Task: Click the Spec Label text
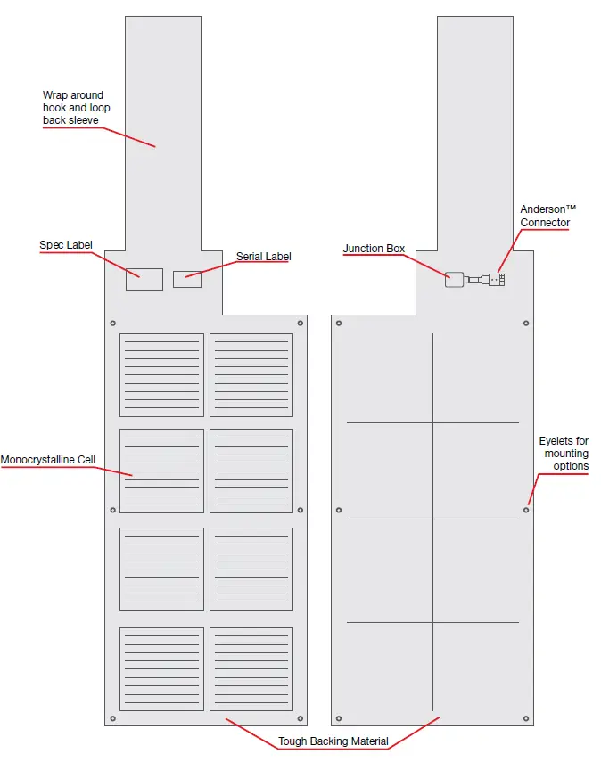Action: pos(66,245)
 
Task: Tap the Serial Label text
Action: pos(263,257)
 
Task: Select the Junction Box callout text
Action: pos(374,249)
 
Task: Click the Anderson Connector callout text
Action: pos(545,216)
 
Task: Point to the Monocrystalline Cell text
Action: pos(47,460)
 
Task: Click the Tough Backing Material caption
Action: pos(333,741)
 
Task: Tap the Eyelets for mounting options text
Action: pos(564,454)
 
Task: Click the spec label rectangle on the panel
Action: pos(144,278)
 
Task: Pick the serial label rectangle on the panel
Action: pos(187,279)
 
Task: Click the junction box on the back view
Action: pos(455,279)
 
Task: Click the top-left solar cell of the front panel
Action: pos(161,375)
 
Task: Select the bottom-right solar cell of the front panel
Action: pos(251,668)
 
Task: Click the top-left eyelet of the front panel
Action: pos(112,323)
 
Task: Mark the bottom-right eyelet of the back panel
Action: pos(526,718)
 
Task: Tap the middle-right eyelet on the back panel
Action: pos(526,510)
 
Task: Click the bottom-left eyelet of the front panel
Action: pos(112,718)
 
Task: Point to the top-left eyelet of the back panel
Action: pos(339,323)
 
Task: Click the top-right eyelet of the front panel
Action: pos(300,323)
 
